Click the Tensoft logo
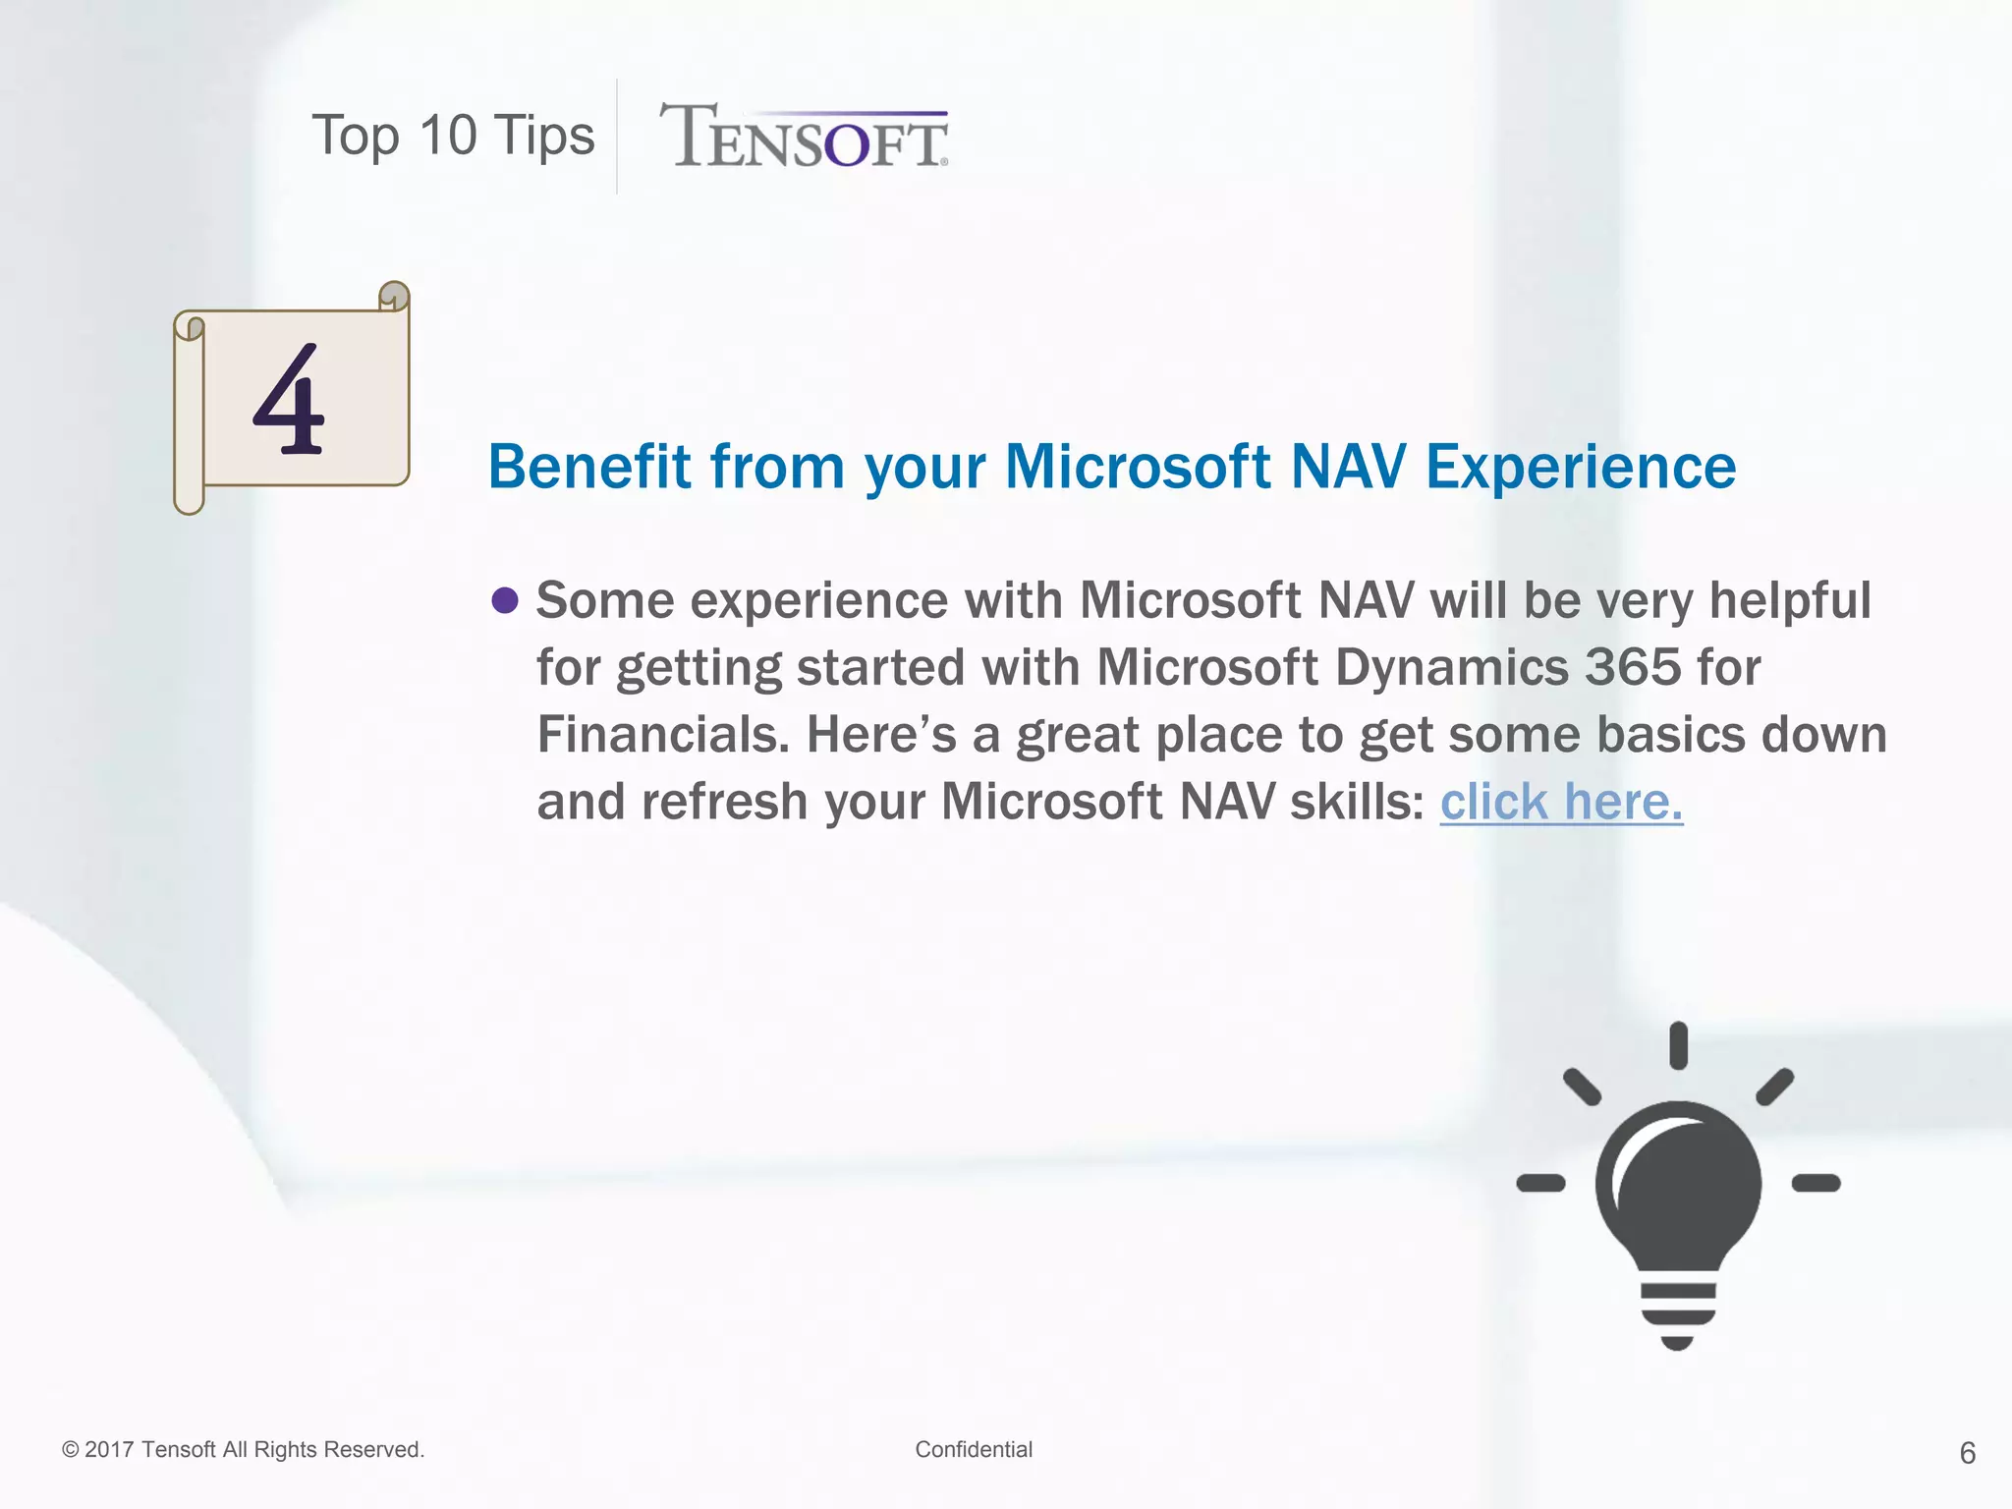804,138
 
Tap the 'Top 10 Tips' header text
453,136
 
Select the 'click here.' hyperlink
1561,802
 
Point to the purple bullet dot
505,599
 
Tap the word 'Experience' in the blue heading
1581,467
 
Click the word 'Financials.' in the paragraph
663,735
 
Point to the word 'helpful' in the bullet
1790,599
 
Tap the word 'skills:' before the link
1357,802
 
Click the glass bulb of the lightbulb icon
1678,1184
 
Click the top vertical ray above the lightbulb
1678,1045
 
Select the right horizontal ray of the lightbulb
1816,1183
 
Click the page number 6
1967,1453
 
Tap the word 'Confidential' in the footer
974,1449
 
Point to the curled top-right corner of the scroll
394,295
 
